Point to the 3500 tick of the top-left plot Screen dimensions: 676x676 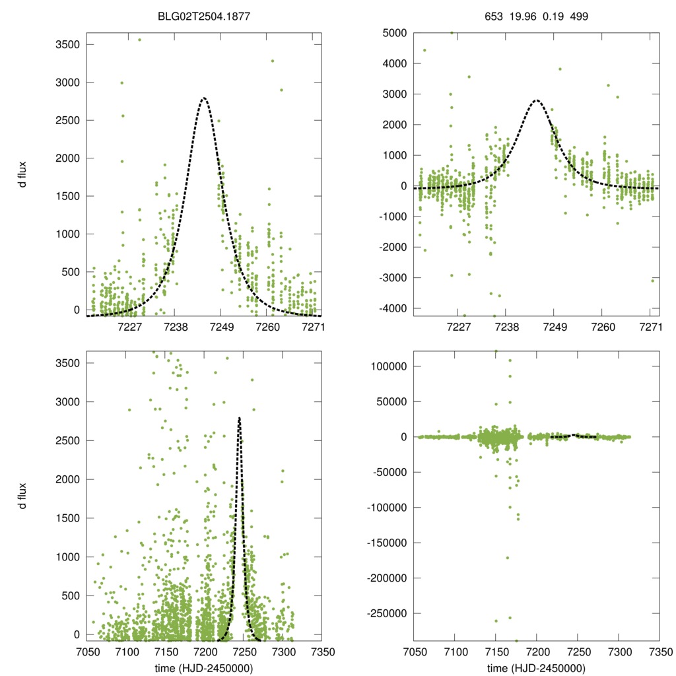pos(69,45)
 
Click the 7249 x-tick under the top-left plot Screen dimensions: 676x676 pos(222,327)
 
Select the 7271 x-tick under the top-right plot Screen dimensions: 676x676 pos(651,327)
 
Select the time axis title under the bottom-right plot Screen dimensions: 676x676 pos(536,668)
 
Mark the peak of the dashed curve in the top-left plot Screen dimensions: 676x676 pos(203,98)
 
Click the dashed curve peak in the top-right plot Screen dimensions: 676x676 pos(536,100)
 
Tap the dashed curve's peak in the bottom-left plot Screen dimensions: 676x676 pos(239,418)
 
